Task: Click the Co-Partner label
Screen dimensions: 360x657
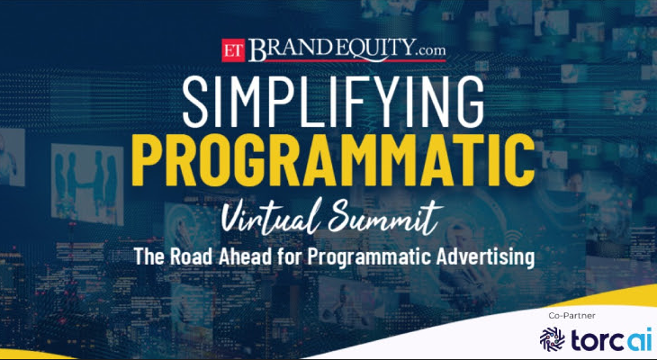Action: [571, 317]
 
